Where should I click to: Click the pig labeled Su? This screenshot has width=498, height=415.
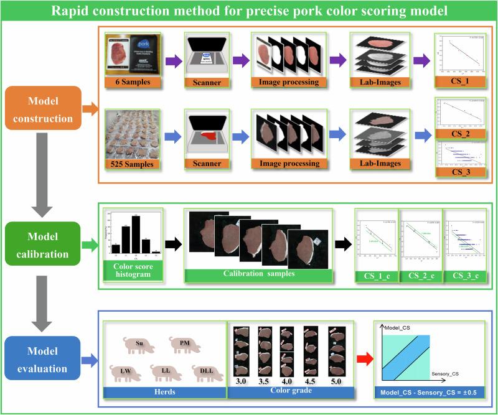(x=140, y=344)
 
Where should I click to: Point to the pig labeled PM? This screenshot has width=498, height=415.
(x=184, y=344)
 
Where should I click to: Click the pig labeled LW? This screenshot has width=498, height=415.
(x=125, y=372)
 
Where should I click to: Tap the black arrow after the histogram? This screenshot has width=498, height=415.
(x=169, y=245)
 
